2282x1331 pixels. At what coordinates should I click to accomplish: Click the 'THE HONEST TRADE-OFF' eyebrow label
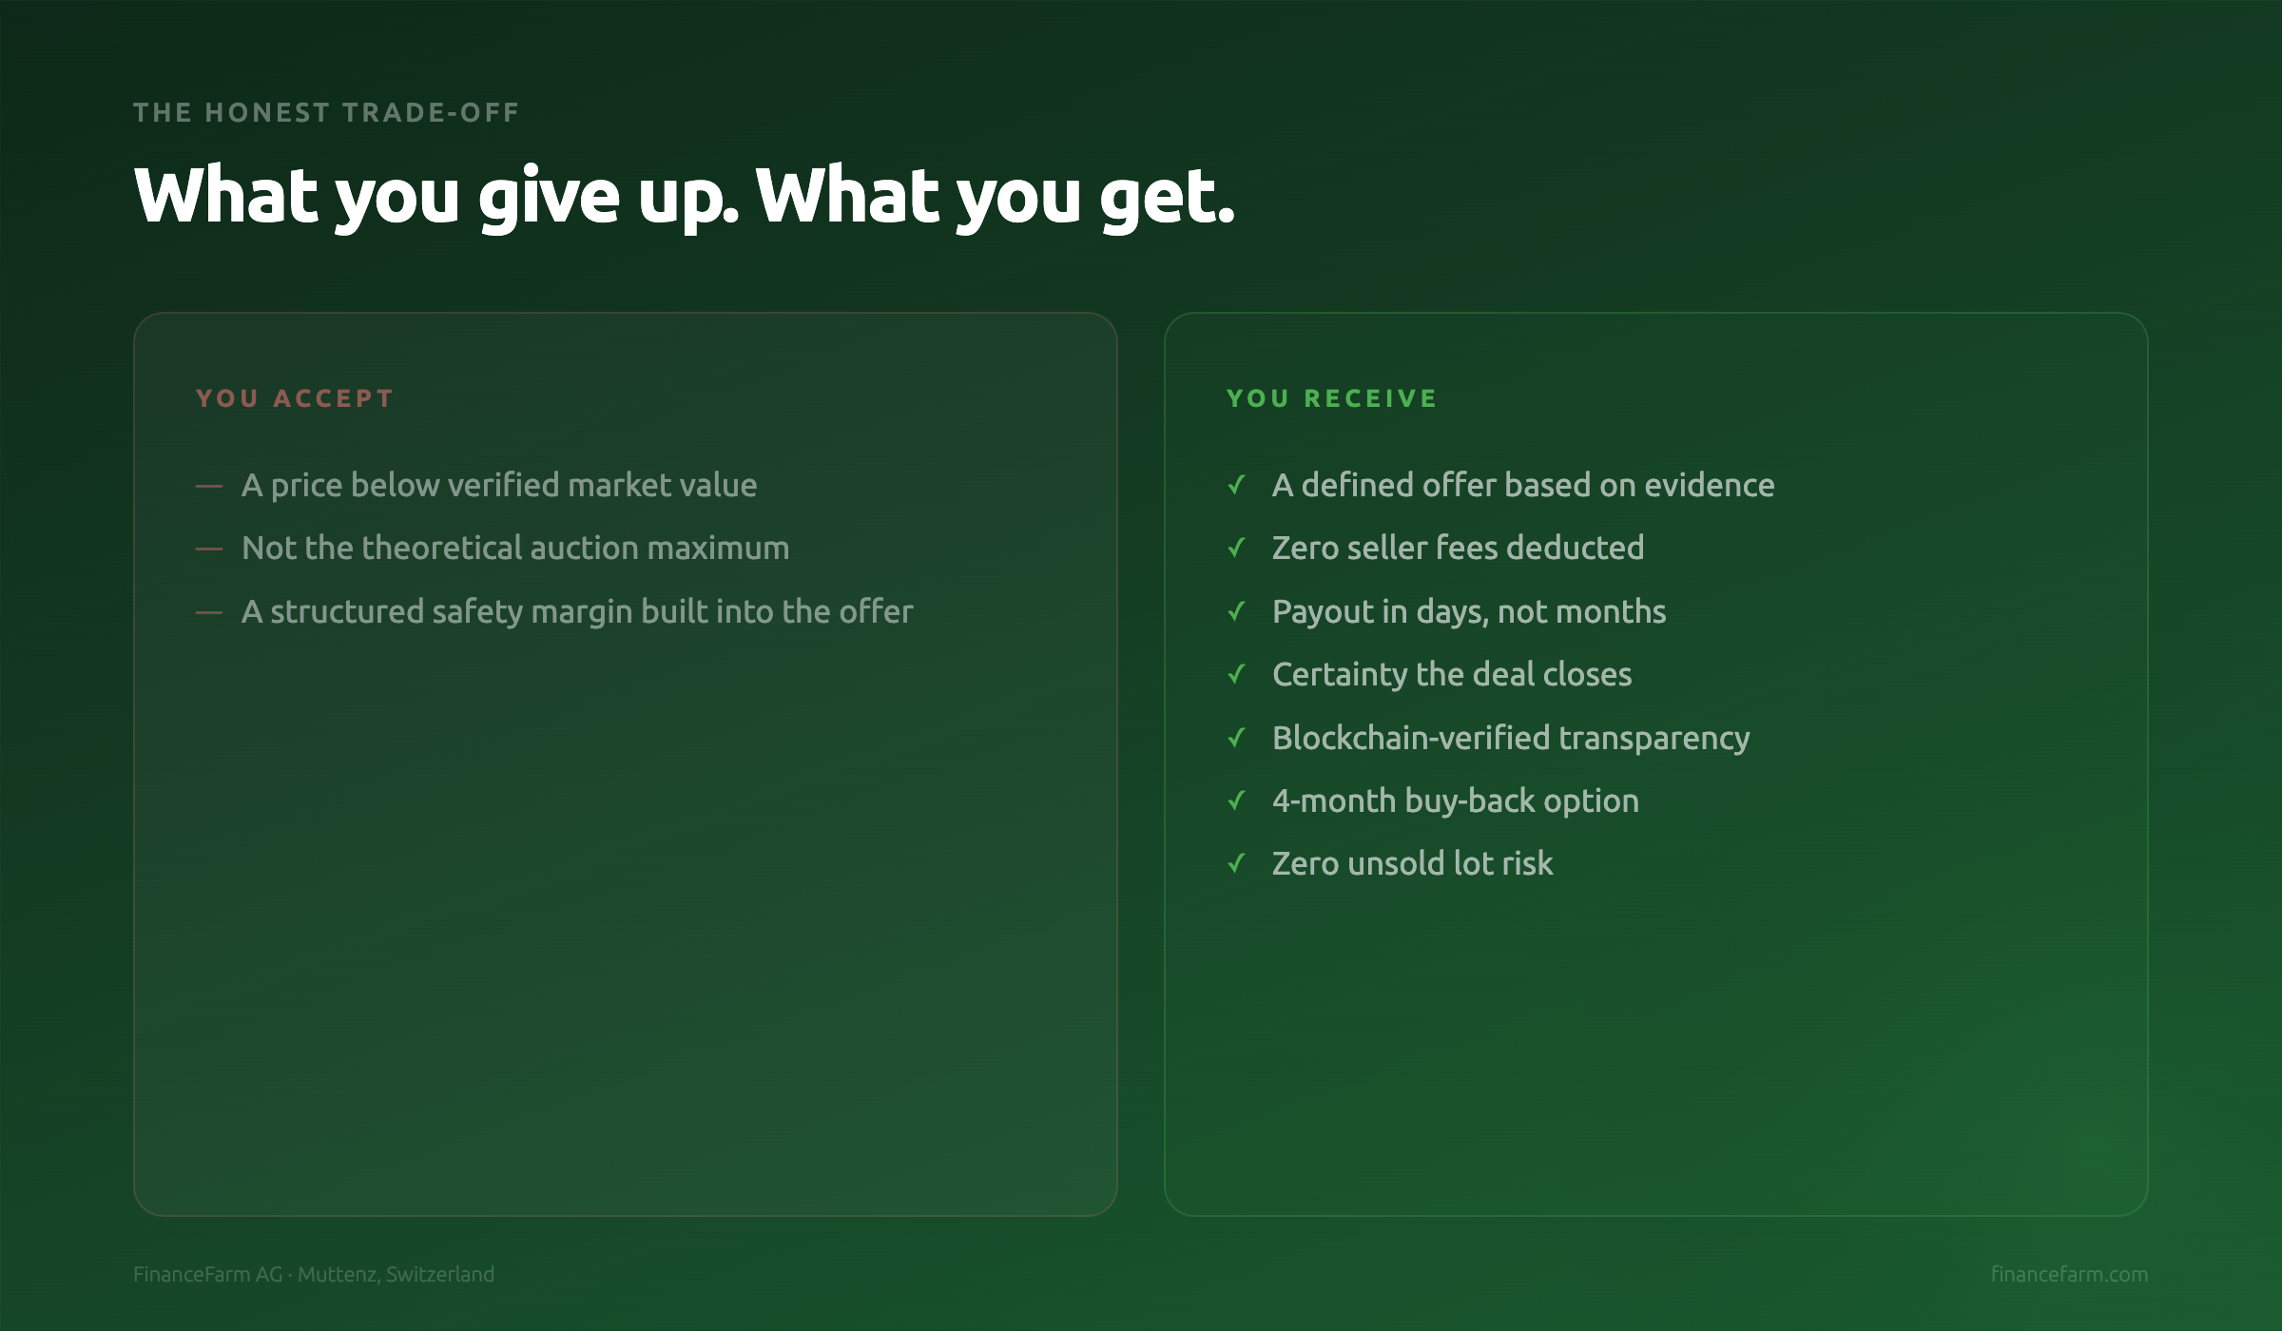click(326, 112)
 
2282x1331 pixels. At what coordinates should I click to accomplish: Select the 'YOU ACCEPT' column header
click(295, 398)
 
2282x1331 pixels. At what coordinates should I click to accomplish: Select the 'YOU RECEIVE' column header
click(1331, 398)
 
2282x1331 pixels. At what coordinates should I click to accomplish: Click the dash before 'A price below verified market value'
click(209, 486)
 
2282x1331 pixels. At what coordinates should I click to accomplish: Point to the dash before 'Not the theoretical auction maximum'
click(209, 549)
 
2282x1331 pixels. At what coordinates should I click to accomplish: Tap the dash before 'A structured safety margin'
click(209, 612)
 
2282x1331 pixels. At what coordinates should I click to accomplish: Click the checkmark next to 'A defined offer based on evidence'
click(1236, 485)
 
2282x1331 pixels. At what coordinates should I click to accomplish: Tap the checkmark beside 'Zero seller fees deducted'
click(1236, 548)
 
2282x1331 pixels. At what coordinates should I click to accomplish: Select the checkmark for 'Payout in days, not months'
click(1236, 611)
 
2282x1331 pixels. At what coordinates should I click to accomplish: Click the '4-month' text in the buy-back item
click(1334, 801)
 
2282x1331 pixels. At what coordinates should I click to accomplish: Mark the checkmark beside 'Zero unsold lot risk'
click(1236, 863)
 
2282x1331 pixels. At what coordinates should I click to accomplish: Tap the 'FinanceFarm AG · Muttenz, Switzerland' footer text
click(314, 1274)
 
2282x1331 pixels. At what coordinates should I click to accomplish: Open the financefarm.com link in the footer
click(2069, 1274)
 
